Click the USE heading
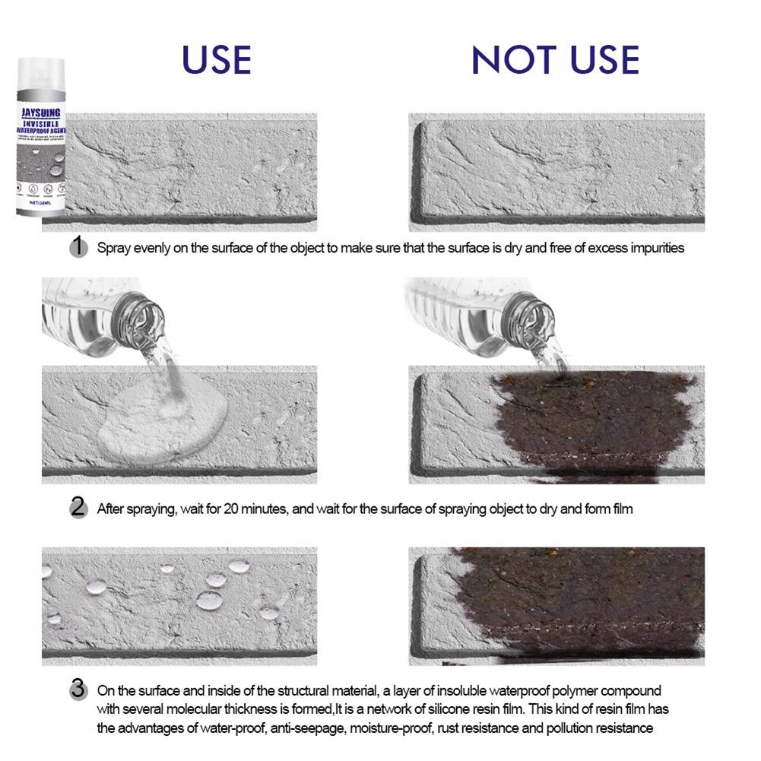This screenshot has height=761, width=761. pos(217,60)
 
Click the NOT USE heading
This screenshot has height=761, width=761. pos(555,60)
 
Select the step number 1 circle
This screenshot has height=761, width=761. pos(78,246)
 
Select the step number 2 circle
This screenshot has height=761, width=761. pos(78,508)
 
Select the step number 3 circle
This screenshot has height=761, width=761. pos(78,690)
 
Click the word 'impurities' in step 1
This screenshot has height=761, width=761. pos(655,247)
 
